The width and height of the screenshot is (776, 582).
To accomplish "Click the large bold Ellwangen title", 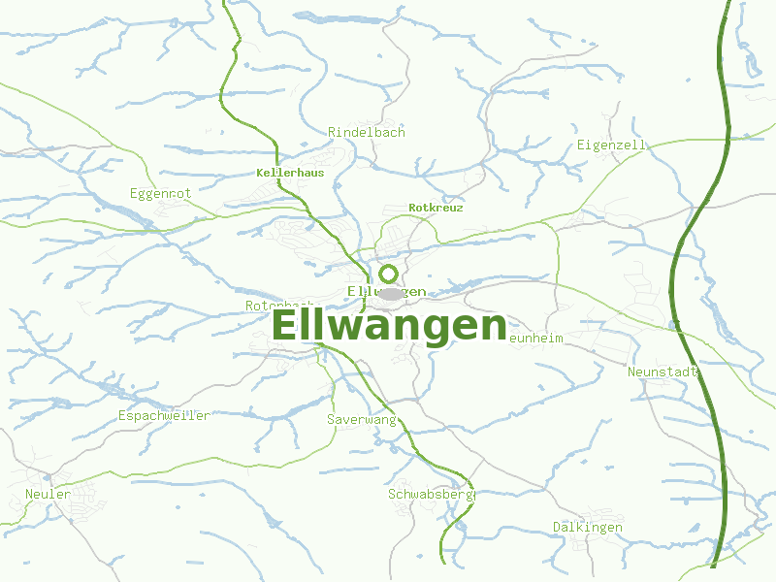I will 389,326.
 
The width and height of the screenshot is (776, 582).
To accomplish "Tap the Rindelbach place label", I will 367,132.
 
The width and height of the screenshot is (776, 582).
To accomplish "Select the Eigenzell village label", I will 611,145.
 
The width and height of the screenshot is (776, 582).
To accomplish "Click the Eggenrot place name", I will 161,194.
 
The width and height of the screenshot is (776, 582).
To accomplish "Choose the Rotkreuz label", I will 436,208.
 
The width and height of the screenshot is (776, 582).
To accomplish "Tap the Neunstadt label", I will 663,372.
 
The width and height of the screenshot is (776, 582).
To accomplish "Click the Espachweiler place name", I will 164,415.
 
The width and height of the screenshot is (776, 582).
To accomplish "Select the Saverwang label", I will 362,419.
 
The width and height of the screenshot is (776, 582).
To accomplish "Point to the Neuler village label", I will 48,494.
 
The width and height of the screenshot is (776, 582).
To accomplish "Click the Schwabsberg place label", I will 430,494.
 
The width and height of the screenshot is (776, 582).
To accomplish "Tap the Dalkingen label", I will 588,527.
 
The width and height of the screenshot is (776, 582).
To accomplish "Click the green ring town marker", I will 388,274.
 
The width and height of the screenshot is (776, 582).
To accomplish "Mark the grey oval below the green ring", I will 390,293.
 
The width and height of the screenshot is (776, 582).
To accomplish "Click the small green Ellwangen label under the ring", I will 386,291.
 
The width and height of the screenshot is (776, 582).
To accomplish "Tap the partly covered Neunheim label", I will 534,338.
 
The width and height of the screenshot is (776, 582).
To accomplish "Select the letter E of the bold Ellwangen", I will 287,326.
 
